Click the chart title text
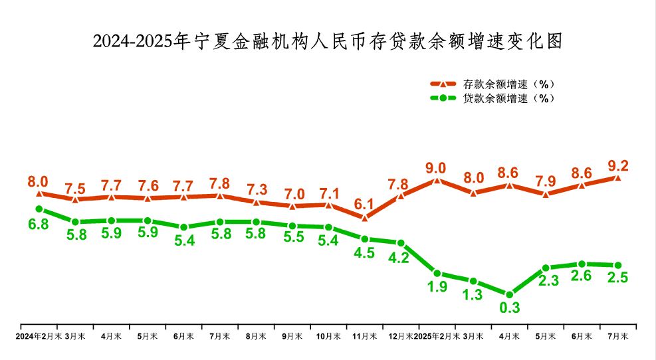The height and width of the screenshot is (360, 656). (x=328, y=42)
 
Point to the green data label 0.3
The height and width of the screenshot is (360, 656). (x=510, y=308)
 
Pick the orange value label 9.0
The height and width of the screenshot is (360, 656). (x=437, y=167)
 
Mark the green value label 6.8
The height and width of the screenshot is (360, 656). (x=38, y=225)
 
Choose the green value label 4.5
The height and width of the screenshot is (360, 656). (x=365, y=253)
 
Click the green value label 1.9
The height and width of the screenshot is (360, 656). (x=437, y=288)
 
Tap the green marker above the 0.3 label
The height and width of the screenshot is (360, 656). (x=510, y=294)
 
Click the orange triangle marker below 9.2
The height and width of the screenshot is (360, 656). (x=617, y=178)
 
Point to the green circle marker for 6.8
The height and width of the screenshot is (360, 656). (x=39, y=209)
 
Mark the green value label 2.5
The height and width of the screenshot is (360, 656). (x=618, y=279)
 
